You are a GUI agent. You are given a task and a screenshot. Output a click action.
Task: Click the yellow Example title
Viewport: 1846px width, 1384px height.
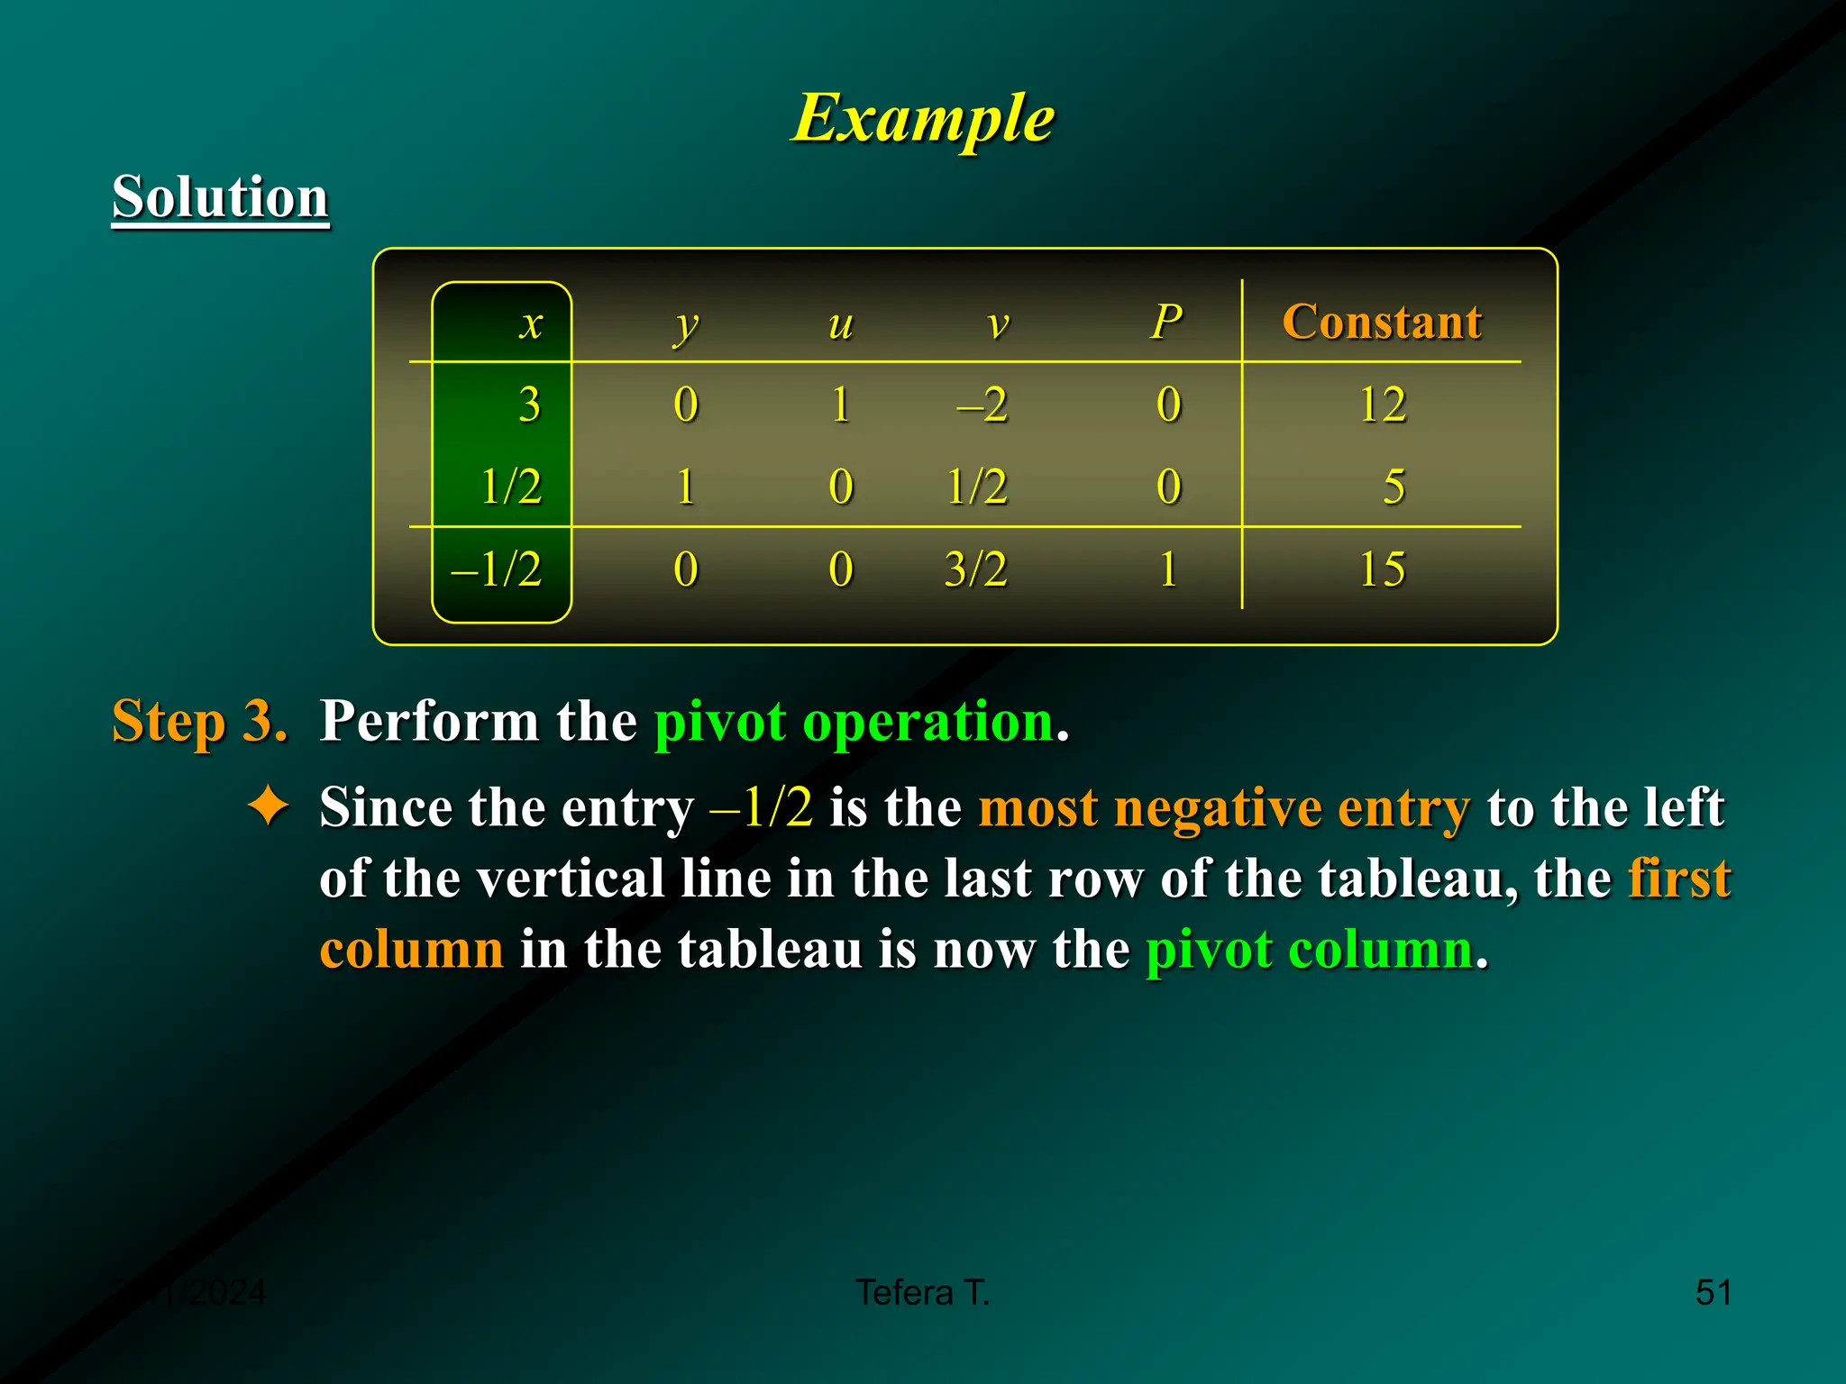[922, 118]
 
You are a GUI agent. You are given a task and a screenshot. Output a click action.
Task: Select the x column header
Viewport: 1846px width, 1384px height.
[531, 323]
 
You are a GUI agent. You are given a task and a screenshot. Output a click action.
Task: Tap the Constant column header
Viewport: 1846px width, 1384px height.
[1381, 322]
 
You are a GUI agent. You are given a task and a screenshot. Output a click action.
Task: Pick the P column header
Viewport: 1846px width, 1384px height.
[1166, 322]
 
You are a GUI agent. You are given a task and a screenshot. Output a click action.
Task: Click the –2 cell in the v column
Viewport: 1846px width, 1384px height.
[982, 405]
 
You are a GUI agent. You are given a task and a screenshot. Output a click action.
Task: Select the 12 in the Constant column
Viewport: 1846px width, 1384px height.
[1382, 405]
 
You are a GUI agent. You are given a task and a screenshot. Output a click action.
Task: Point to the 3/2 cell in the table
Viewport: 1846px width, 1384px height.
[975, 569]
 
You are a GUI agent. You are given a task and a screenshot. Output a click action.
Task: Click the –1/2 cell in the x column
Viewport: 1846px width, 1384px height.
[498, 569]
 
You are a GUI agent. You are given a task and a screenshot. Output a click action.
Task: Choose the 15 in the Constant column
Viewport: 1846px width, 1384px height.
[1382, 569]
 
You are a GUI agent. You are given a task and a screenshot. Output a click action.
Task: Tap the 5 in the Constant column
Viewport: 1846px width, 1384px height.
[1394, 487]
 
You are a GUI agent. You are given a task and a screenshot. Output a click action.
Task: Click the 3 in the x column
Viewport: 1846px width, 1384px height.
[530, 405]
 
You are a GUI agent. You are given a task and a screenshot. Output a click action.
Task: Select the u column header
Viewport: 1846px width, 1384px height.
[840, 323]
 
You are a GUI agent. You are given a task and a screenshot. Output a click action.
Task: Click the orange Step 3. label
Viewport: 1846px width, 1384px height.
[199, 721]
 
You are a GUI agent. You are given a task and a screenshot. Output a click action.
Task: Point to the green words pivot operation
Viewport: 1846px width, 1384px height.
[854, 722]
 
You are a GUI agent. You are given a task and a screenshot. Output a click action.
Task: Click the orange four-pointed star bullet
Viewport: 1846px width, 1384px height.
[269, 805]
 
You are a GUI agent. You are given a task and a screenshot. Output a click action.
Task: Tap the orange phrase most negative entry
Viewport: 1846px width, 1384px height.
[1223, 806]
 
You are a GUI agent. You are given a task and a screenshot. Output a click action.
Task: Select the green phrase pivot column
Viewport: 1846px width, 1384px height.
[1309, 949]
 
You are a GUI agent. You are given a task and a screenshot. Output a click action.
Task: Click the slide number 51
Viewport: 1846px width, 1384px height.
[1713, 1292]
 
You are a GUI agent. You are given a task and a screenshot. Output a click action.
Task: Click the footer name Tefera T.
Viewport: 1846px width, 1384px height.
[922, 1292]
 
